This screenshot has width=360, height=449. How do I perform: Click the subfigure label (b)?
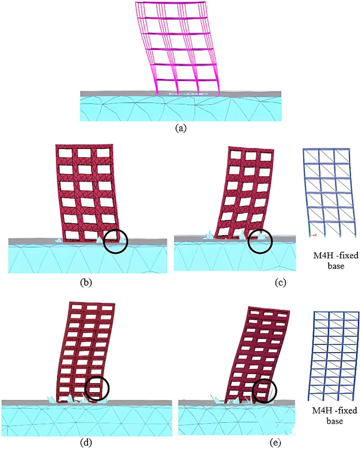[x=86, y=282]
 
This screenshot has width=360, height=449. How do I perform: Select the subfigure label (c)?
[x=280, y=282]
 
